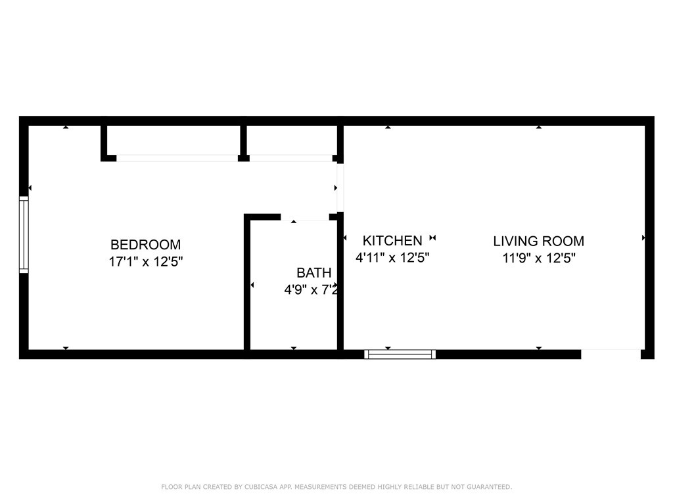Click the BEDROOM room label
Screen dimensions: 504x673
(x=145, y=245)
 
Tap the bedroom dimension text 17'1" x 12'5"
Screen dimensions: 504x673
(x=145, y=261)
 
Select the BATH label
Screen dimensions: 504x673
(x=313, y=273)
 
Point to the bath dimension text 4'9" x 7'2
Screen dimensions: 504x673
(x=311, y=289)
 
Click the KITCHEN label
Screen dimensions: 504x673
(x=392, y=241)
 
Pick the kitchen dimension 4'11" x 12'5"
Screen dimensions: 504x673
(x=392, y=258)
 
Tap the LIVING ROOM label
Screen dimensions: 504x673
(x=538, y=241)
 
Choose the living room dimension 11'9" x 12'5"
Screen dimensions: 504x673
(x=538, y=258)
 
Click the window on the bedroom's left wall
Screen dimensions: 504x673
(x=24, y=234)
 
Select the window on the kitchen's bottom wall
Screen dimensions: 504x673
(x=400, y=354)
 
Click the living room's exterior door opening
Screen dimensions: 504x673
(x=611, y=354)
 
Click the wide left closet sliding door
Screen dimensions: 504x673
(x=177, y=158)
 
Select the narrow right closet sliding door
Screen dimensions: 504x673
(x=290, y=158)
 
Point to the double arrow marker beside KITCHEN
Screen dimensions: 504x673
(x=432, y=238)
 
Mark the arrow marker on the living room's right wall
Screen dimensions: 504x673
(x=643, y=238)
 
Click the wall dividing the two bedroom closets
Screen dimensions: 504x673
(x=243, y=140)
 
